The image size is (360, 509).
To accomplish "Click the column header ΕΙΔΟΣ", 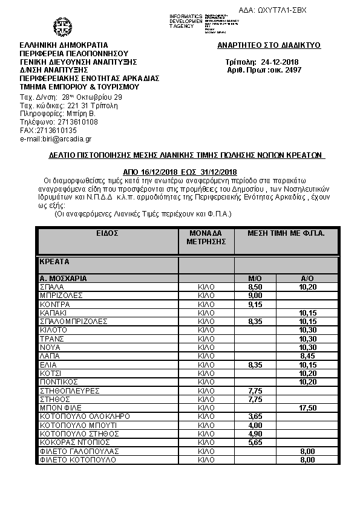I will click(106, 233).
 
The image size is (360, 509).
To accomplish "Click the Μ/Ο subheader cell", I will click(255, 279).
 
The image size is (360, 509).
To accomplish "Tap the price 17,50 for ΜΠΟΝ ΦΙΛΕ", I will click(307, 408).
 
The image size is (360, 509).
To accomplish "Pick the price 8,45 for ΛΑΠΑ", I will click(307, 356).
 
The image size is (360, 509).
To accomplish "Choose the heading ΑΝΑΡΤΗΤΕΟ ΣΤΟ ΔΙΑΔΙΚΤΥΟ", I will click(269, 45).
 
